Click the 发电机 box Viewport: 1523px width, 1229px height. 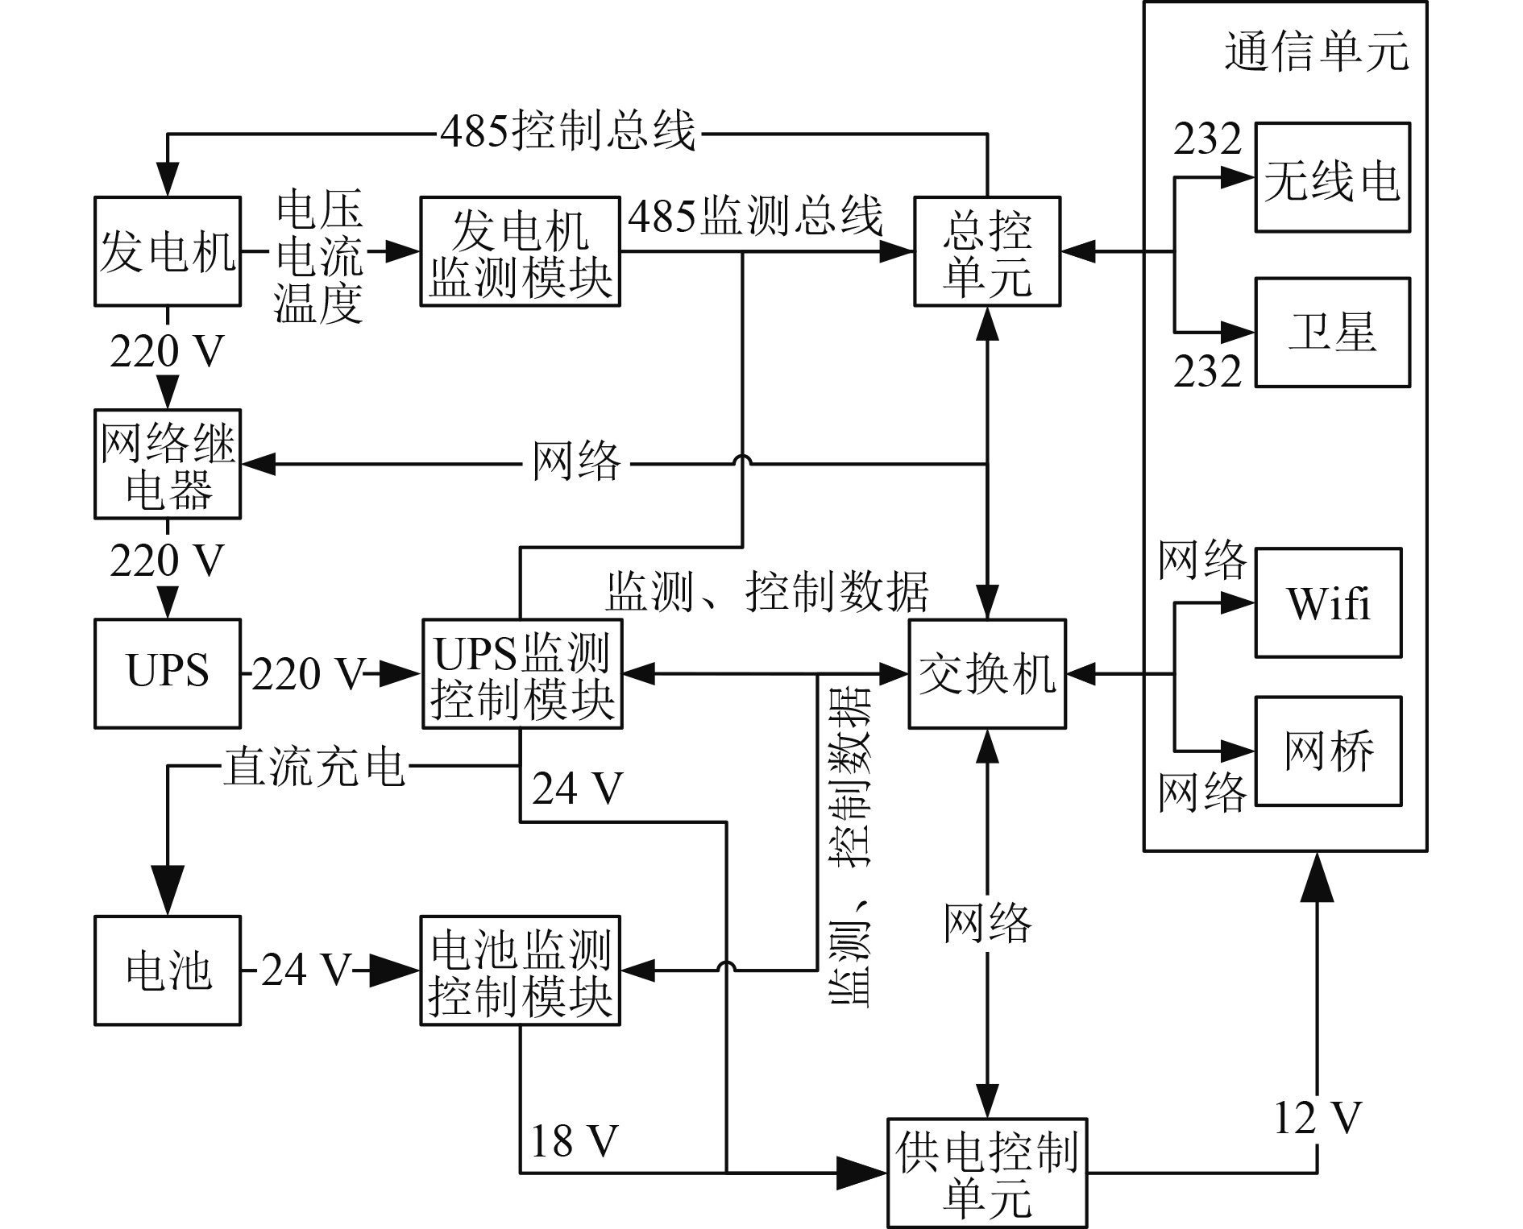(x=168, y=251)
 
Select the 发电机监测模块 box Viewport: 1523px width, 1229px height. (x=520, y=251)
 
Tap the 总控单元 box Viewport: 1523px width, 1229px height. (x=986, y=251)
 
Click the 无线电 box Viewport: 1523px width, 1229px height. (x=1332, y=178)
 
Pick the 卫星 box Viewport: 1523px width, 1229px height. (x=1332, y=333)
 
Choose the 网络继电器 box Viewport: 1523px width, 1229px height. (x=168, y=464)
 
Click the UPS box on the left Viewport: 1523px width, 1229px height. (x=168, y=673)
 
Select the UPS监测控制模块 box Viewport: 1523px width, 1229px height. (x=521, y=673)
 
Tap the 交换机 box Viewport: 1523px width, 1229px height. (x=987, y=673)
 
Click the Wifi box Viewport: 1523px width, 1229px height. (x=1328, y=602)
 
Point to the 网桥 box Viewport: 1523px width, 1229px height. (x=1328, y=751)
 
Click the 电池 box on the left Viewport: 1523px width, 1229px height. (x=168, y=970)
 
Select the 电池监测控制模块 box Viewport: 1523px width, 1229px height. (x=520, y=970)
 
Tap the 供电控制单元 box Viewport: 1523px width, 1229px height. (x=986, y=1172)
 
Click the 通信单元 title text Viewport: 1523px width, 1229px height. (x=1316, y=52)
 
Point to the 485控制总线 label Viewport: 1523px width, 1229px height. (x=567, y=131)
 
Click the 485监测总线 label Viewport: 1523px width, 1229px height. (x=755, y=216)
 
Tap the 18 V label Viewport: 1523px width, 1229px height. (x=574, y=1140)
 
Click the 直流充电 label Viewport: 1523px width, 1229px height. (x=314, y=765)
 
